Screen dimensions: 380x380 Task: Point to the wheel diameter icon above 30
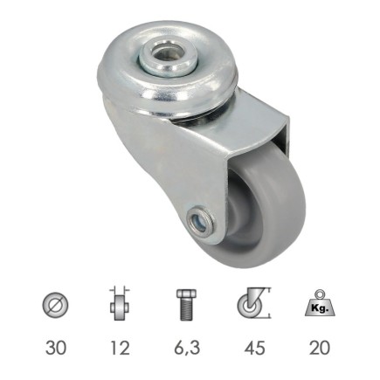pyautogui.click(x=54, y=307)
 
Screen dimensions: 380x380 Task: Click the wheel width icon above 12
pyautogui.click(x=119, y=307)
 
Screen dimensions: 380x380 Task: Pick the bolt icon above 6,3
pyautogui.click(x=186, y=307)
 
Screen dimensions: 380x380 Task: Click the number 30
pyautogui.click(x=54, y=349)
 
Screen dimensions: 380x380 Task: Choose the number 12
pyautogui.click(x=119, y=349)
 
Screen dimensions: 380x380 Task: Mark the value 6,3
pyautogui.click(x=186, y=349)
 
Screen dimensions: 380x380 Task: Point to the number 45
pyautogui.click(x=253, y=349)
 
